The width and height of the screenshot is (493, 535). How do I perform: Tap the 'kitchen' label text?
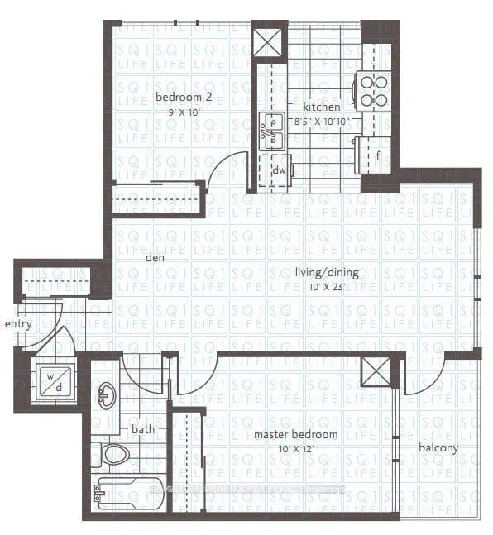[x=321, y=107]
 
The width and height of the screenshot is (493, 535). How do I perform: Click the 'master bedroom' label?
[x=295, y=435]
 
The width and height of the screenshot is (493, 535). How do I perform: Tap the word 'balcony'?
[x=438, y=449]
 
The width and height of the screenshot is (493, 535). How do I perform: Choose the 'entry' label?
[x=18, y=324]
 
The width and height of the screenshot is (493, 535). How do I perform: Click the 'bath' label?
[x=142, y=429]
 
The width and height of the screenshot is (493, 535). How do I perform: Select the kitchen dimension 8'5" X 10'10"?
[x=323, y=122]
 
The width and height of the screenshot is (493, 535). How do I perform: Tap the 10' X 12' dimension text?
[x=294, y=449]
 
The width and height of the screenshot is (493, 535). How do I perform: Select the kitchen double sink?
[x=270, y=131]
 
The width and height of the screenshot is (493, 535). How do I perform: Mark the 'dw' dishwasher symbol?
[x=279, y=170]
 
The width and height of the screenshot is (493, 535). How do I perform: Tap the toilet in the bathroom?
[x=112, y=454]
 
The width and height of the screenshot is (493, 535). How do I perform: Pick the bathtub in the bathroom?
[x=128, y=494]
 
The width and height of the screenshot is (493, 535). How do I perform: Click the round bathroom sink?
[x=107, y=395]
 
